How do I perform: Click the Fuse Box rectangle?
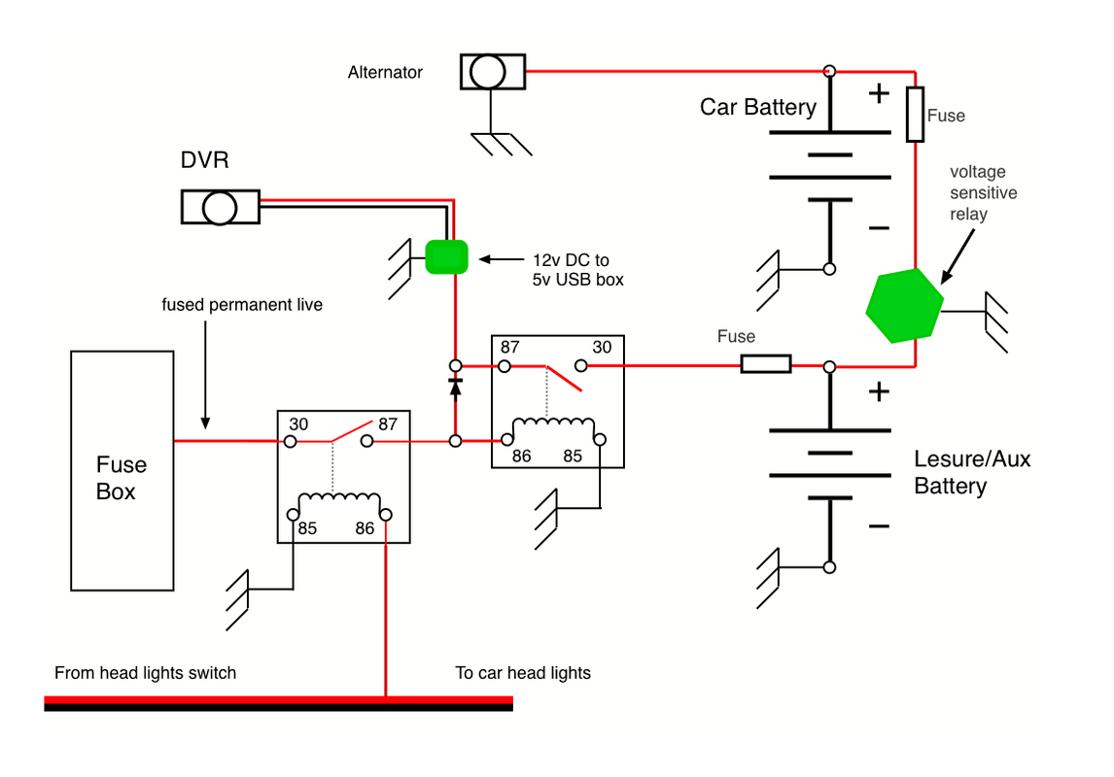[122, 471]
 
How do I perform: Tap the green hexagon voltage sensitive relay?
[904, 306]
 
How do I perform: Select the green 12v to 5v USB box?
[447, 257]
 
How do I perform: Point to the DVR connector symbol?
[220, 206]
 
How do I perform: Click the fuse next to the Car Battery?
[915, 115]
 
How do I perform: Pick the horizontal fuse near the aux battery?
[766, 365]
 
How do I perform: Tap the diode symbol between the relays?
[454, 385]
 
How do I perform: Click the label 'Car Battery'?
[758, 107]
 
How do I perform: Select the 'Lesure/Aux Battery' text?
[971, 472]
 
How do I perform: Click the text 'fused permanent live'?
[242, 305]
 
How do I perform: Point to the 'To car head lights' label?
[523, 673]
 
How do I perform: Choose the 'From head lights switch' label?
[146, 673]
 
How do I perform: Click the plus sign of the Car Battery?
[879, 94]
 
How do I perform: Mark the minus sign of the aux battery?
[879, 526]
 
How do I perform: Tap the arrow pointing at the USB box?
[498, 260]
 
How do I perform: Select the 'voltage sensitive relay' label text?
[983, 192]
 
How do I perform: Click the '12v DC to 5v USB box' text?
[577, 270]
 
